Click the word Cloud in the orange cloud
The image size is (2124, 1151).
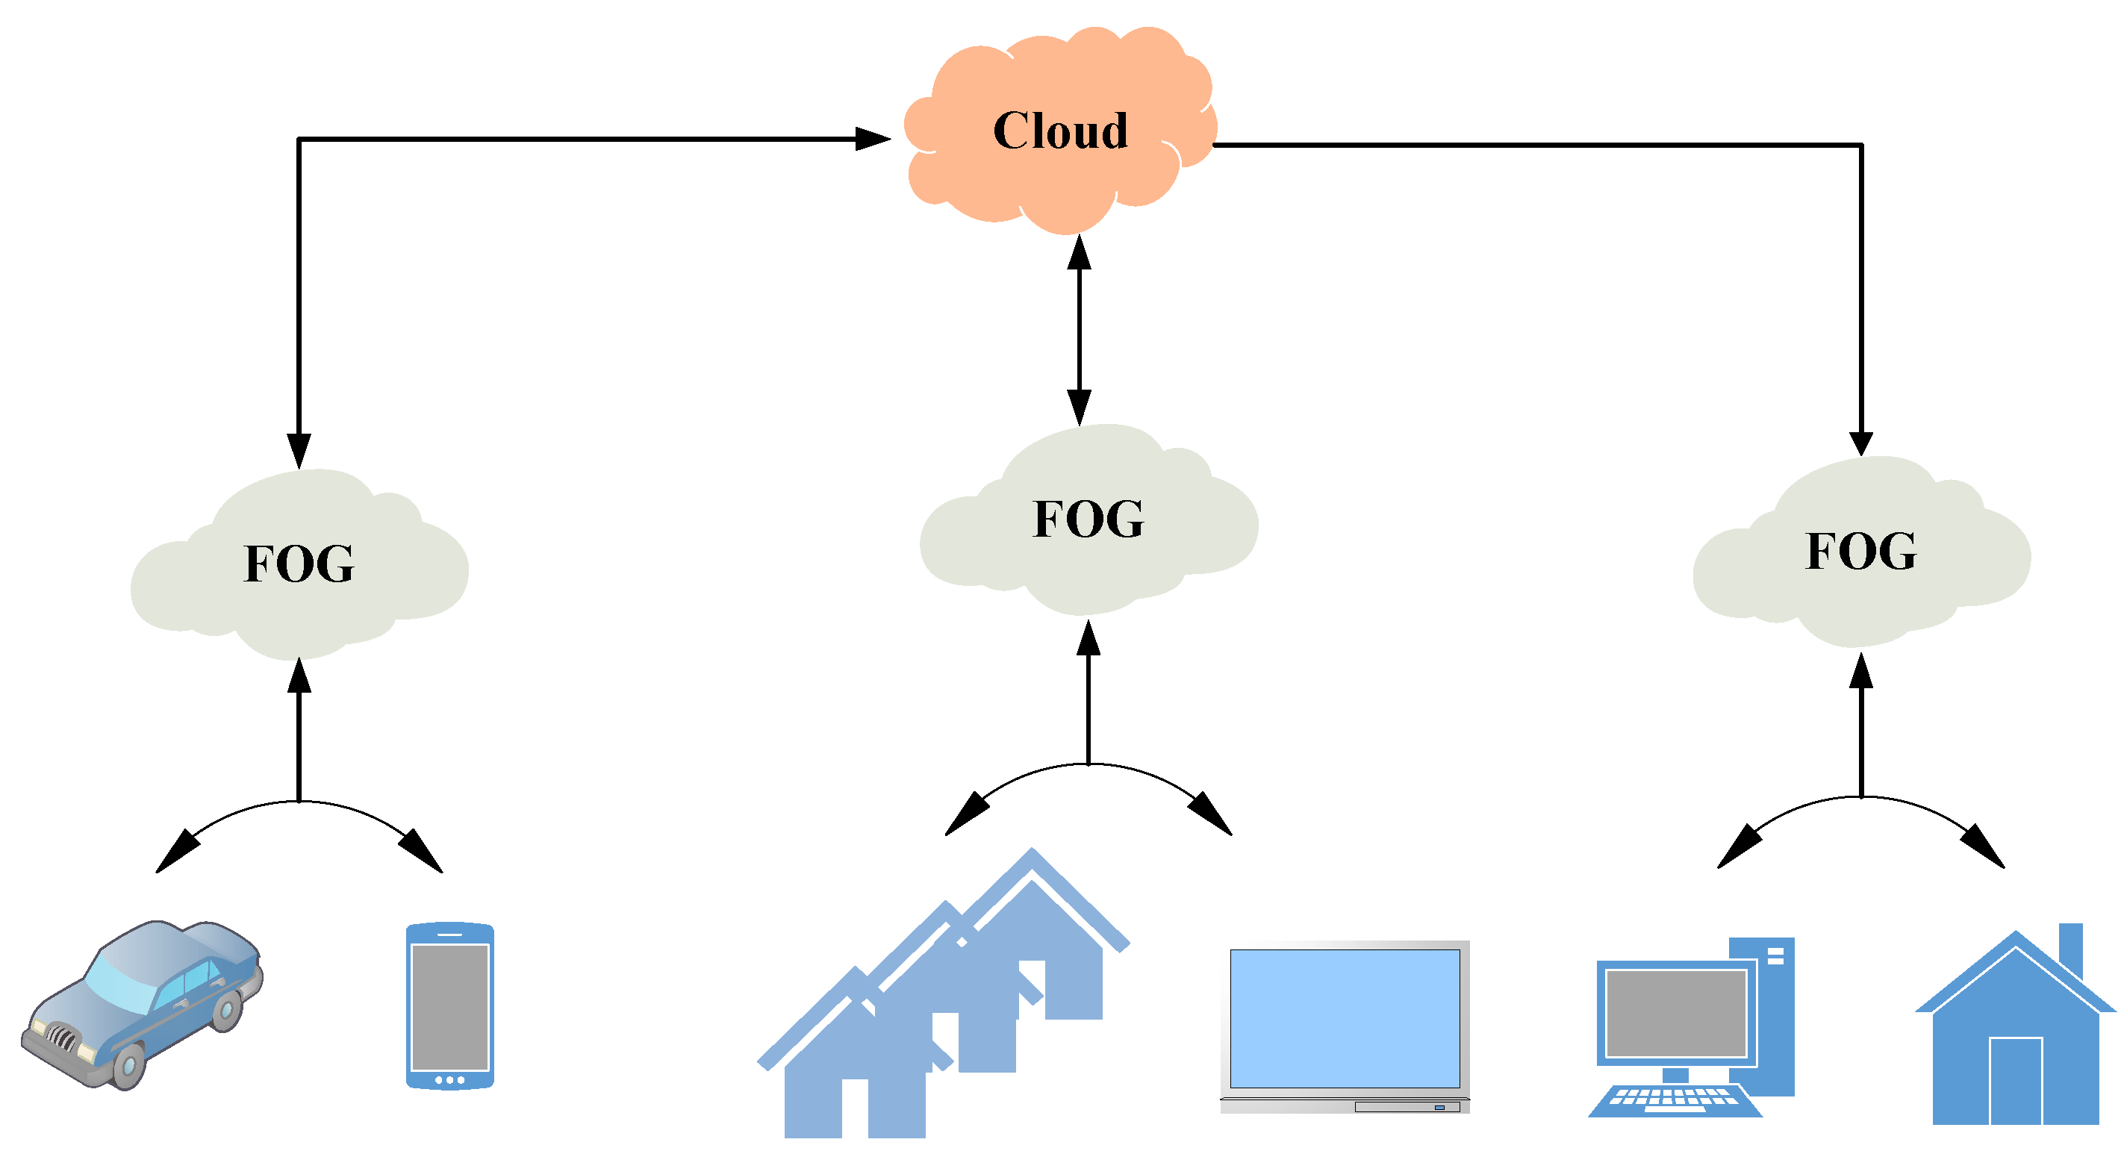[1060, 131]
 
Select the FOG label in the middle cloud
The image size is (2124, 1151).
[1089, 519]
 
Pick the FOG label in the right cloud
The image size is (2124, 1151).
[1861, 551]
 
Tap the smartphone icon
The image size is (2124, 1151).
[449, 1006]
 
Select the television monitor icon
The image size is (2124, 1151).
[1345, 1023]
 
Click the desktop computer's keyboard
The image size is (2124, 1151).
[1674, 1100]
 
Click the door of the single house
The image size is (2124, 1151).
[2015, 1080]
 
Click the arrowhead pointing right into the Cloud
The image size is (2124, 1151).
[872, 139]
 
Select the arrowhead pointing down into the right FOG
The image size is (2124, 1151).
[1861, 443]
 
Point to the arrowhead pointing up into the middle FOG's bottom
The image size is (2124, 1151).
[1089, 639]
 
